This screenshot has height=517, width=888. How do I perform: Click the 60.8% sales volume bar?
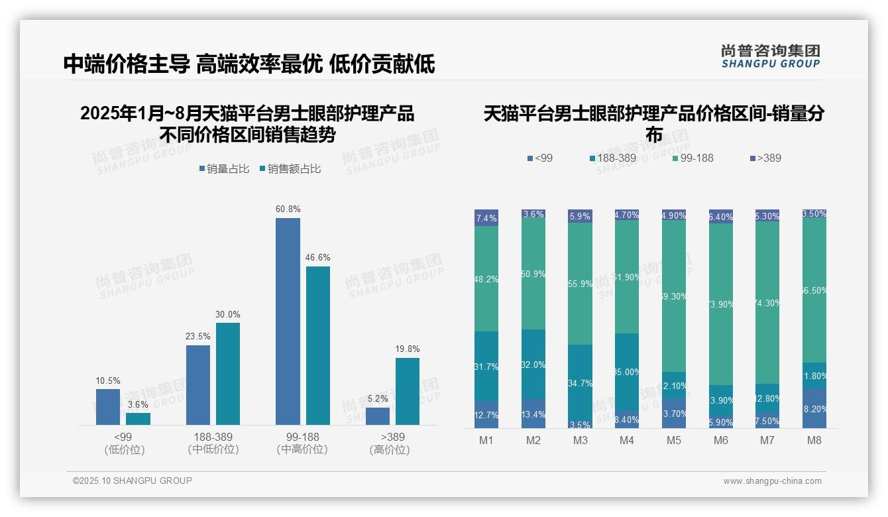point(288,321)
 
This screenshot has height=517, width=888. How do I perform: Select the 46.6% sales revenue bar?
point(318,345)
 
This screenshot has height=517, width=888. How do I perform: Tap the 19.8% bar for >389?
point(408,391)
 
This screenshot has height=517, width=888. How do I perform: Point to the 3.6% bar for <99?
point(138,418)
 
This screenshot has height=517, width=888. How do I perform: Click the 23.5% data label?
point(197,336)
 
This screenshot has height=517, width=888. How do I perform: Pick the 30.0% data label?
point(228,314)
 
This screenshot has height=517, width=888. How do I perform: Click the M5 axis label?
point(673,440)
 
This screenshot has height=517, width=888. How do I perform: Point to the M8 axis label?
point(814,440)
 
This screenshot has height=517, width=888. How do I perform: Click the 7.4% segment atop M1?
point(486,218)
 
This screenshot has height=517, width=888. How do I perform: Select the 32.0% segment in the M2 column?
point(533,364)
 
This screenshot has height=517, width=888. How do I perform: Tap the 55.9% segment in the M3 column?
point(581,283)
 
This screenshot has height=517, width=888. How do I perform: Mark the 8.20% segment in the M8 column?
point(814,408)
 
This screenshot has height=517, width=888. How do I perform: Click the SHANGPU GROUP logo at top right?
point(771,56)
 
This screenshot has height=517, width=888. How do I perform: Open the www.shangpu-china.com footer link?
point(772,481)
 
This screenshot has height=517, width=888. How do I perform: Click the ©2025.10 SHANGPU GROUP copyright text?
point(133,481)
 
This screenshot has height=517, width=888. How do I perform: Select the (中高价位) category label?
point(302,449)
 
